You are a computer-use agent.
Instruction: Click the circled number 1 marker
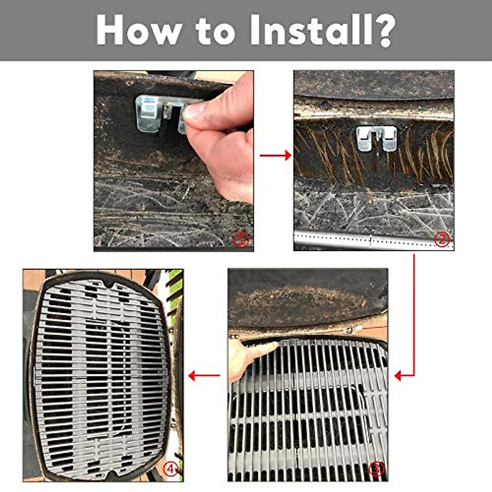click(x=241, y=239)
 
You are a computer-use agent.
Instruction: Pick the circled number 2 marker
click(x=442, y=239)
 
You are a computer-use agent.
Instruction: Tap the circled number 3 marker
click(x=376, y=469)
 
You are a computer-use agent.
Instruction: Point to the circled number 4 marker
click(x=171, y=469)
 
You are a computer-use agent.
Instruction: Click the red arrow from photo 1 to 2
click(x=276, y=155)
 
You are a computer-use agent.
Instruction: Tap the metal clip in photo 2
click(x=376, y=137)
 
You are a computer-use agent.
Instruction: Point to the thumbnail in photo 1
click(x=194, y=111)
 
